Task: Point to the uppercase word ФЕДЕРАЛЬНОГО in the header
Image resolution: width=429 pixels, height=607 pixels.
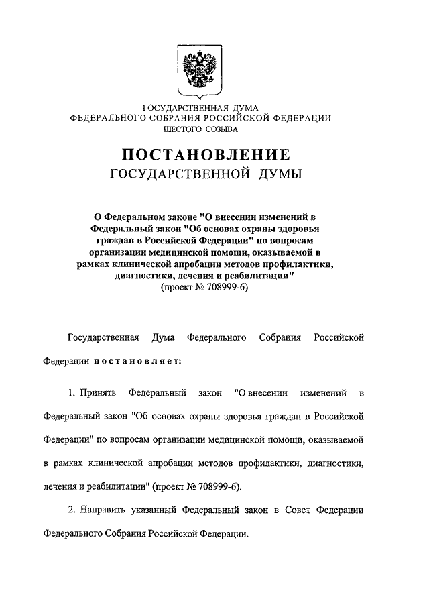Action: [x=110, y=118]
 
